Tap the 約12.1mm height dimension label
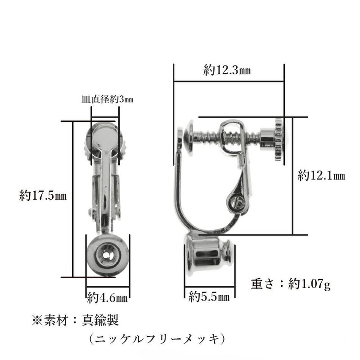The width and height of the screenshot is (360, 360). point(321,175)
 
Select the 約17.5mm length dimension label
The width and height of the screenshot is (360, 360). point(43,196)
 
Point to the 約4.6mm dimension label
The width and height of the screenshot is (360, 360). point(108,297)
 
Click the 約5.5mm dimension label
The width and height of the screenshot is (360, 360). point(209,296)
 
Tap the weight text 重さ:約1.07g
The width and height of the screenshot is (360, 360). point(291,284)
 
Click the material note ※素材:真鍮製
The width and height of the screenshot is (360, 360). point(75,320)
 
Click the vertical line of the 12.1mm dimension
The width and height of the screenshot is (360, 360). point(293,175)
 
